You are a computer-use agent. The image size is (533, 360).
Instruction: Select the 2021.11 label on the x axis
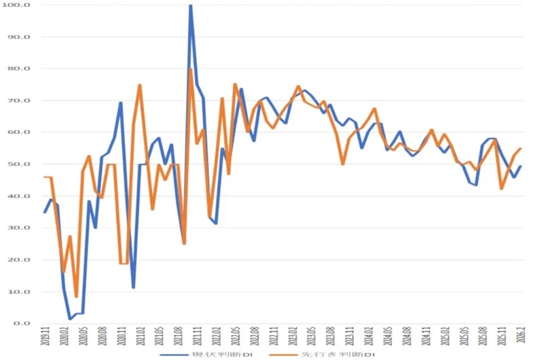(197, 337)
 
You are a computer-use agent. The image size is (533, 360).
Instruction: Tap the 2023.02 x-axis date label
(293, 337)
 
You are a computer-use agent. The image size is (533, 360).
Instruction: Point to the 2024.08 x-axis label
(407, 337)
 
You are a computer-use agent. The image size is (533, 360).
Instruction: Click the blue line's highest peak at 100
(190, 5)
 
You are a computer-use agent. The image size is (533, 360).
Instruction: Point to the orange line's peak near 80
(191, 69)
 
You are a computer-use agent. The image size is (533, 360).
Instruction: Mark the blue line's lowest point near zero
(70, 319)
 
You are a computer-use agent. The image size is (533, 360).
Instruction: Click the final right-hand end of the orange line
(521, 148)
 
